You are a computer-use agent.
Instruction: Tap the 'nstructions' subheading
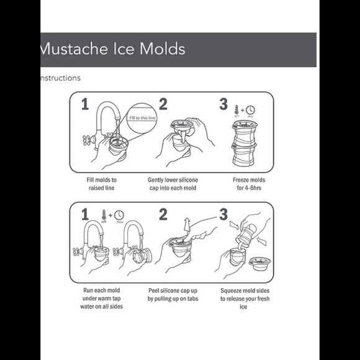(60, 78)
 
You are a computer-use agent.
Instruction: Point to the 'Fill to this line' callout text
(142, 117)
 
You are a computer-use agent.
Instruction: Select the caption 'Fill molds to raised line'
(102, 184)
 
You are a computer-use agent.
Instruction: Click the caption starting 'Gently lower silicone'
(172, 184)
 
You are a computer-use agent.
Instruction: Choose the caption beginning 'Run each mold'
(102, 298)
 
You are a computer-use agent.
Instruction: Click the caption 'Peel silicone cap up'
(172, 294)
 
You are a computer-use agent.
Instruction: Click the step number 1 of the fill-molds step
(84, 105)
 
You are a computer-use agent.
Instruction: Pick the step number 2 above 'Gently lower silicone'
(163, 105)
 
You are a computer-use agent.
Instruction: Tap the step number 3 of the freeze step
(223, 104)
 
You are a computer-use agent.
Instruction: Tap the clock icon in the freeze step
(251, 110)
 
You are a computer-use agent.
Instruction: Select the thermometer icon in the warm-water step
(104, 215)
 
